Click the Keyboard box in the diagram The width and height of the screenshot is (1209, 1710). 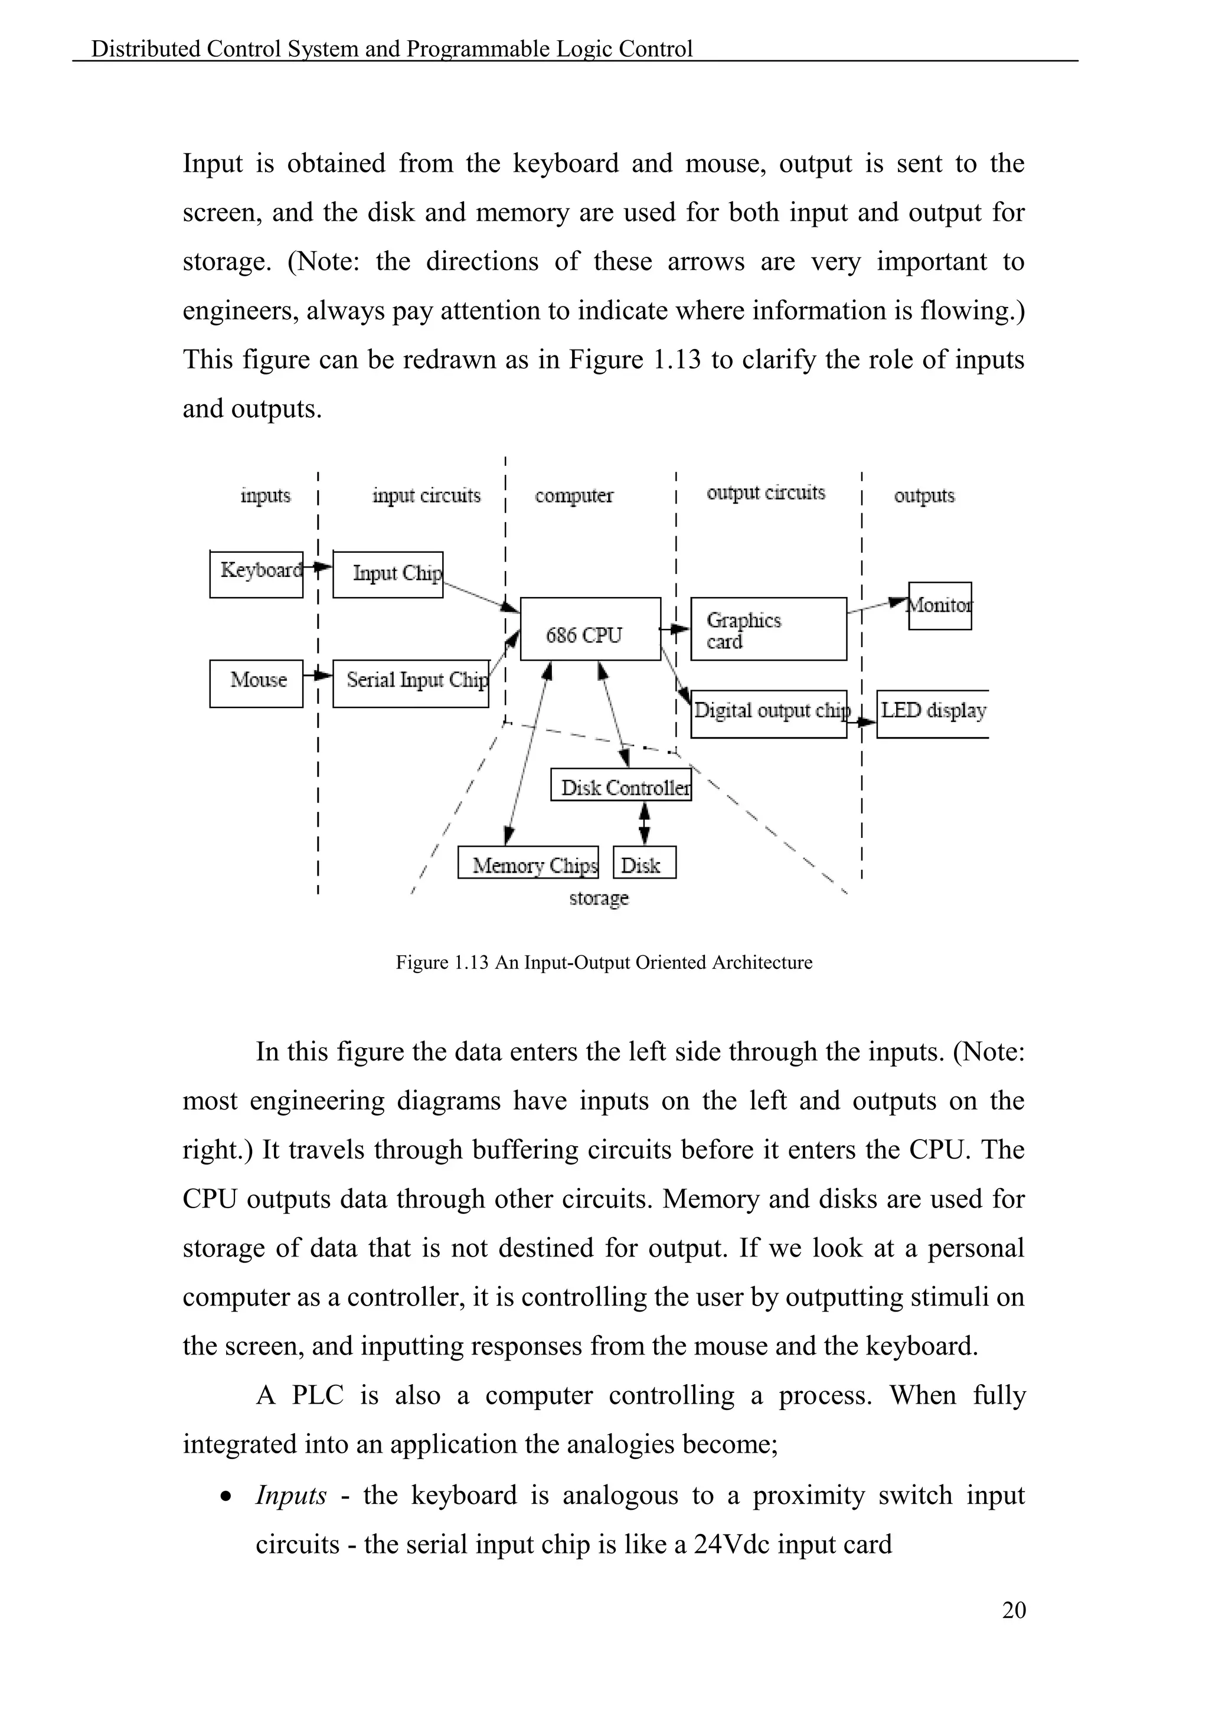[x=256, y=574]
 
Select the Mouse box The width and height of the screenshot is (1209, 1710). [x=256, y=683]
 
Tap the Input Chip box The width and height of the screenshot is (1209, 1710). [x=388, y=574]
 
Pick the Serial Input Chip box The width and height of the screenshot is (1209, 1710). [x=410, y=683]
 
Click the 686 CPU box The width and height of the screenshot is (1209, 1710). [x=590, y=629]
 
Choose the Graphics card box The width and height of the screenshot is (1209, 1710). [x=768, y=629]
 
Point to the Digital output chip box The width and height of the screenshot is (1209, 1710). [x=768, y=713]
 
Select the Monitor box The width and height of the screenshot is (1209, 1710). [x=939, y=605]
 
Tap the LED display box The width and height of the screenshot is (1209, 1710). [x=932, y=713]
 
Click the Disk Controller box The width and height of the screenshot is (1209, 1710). [x=621, y=785]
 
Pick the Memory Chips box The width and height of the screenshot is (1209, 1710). [x=528, y=863]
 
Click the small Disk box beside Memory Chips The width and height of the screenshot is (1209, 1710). [x=644, y=863]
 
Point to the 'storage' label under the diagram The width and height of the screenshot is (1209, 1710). [x=599, y=898]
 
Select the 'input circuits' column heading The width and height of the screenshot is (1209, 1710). [x=427, y=496]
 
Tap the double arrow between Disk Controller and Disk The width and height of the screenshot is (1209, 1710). [x=644, y=823]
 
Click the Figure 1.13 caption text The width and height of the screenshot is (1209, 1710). [x=604, y=962]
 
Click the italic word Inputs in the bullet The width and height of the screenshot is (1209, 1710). [x=291, y=1494]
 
